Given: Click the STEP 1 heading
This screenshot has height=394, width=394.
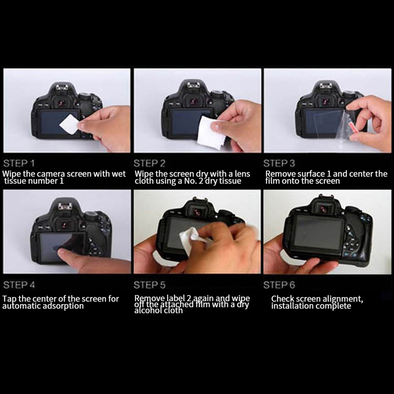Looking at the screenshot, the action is (19, 163).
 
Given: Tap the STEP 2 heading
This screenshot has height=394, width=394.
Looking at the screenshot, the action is (149, 163).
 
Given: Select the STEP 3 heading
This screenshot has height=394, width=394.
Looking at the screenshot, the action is (279, 163).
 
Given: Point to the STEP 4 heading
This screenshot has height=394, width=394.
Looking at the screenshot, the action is (19, 285).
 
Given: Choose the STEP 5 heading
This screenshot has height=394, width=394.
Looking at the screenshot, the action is (149, 285).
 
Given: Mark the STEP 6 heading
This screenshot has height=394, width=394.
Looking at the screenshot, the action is (279, 285).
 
